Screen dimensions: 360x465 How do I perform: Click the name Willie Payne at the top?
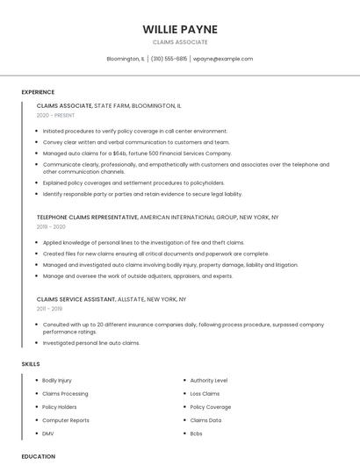click(x=180, y=29)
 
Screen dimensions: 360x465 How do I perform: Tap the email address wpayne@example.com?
click(x=223, y=59)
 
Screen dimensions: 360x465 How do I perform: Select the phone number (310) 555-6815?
click(x=169, y=59)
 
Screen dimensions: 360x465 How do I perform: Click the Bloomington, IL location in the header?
click(x=126, y=59)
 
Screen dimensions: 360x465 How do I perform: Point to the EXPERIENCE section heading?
click(x=38, y=92)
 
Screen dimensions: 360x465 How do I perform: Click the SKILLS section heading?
click(x=31, y=363)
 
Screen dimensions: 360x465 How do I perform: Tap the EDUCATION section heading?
click(x=38, y=456)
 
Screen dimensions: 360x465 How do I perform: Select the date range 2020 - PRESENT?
click(x=56, y=115)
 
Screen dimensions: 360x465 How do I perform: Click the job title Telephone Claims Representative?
click(x=87, y=217)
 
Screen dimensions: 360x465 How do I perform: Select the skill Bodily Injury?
click(x=57, y=381)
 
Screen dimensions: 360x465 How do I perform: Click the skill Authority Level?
click(x=209, y=381)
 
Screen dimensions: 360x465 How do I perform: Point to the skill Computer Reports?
click(x=66, y=420)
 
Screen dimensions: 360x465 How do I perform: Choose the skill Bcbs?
click(x=196, y=433)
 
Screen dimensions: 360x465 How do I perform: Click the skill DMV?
click(x=48, y=433)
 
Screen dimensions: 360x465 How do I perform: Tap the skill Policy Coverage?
click(x=211, y=407)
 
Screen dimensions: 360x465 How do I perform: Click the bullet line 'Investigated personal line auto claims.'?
click(x=91, y=343)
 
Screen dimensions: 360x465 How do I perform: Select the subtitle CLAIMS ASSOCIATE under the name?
click(x=180, y=42)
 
